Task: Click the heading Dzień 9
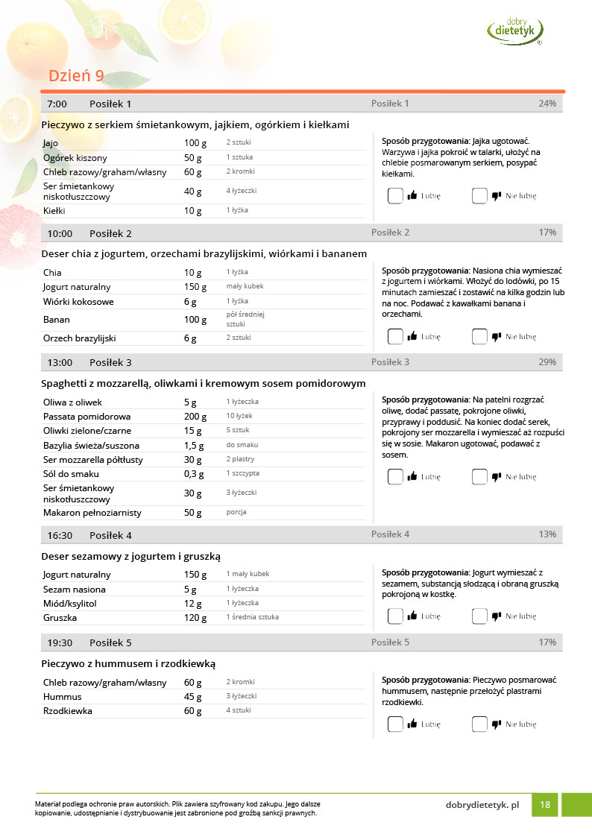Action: [x=76, y=76]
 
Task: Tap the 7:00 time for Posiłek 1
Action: [x=57, y=104]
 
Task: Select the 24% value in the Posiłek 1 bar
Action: [x=547, y=104]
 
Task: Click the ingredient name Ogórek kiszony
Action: [x=75, y=158]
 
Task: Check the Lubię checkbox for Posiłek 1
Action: [x=395, y=196]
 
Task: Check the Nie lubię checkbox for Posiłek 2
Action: [x=479, y=336]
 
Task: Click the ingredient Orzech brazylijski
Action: [x=80, y=338]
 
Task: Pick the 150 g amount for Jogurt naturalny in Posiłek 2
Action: [x=195, y=287]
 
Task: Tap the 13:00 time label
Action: [x=60, y=362]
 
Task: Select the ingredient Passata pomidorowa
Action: [x=87, y=417]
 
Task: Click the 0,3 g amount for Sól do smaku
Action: [x=194, y=474]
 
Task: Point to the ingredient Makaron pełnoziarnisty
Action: [x=92, y=513]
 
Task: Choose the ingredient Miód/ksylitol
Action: [x=70, y=604]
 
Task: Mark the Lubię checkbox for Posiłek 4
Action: [x=395, y=616]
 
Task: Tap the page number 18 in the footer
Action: [x=545, y=805]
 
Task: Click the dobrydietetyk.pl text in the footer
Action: [x=482, y=805]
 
